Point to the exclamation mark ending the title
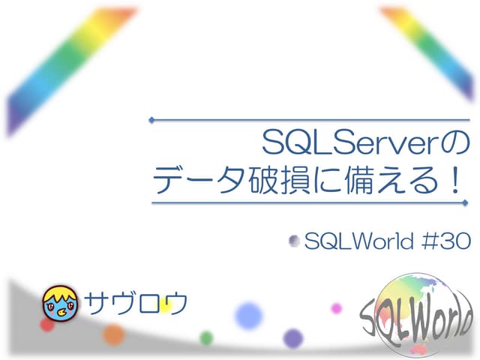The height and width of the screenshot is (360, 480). [455, 181]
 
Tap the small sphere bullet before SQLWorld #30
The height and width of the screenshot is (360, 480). [295, 241]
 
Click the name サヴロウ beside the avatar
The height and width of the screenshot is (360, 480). [135, 301]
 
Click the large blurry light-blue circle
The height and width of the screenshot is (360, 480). [248, 314]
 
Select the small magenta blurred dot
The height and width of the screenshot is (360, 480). [336, 307]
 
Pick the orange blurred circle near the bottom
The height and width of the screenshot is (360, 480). [113, 334]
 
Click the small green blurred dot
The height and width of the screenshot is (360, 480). [206, 338]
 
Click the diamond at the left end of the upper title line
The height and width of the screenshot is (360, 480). [151, 119]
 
